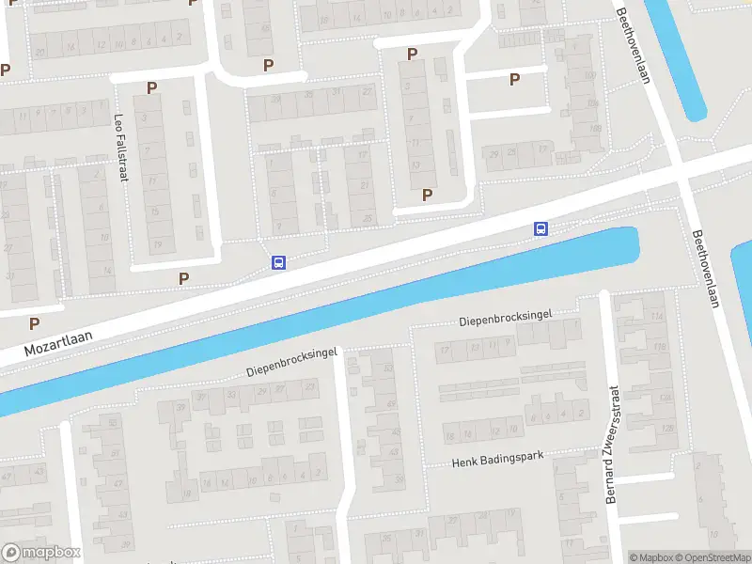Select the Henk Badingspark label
pyautogui.click(x=497, y=459)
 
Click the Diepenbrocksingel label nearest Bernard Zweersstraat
pyautogui.click(x=505, y=320)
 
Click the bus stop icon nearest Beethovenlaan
pyautogui.click(x=540, y=228)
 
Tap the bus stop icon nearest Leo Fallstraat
pyautogui.click(x=278, y=263)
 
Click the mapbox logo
pyautogui.click(x=41, y=552)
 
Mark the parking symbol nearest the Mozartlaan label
pyautogui.click(x=35, y=322)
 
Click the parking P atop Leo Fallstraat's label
pyautogui.click(x=151, y=87)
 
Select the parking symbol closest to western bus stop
pyautogui.click(x=184, y=277)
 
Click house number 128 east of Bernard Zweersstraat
pyautogui.click(x=666, y=429)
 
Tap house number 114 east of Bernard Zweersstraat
pyautogui.click(x=658, y=317)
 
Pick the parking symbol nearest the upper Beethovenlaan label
pyautogui.click(x=514, y=80)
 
